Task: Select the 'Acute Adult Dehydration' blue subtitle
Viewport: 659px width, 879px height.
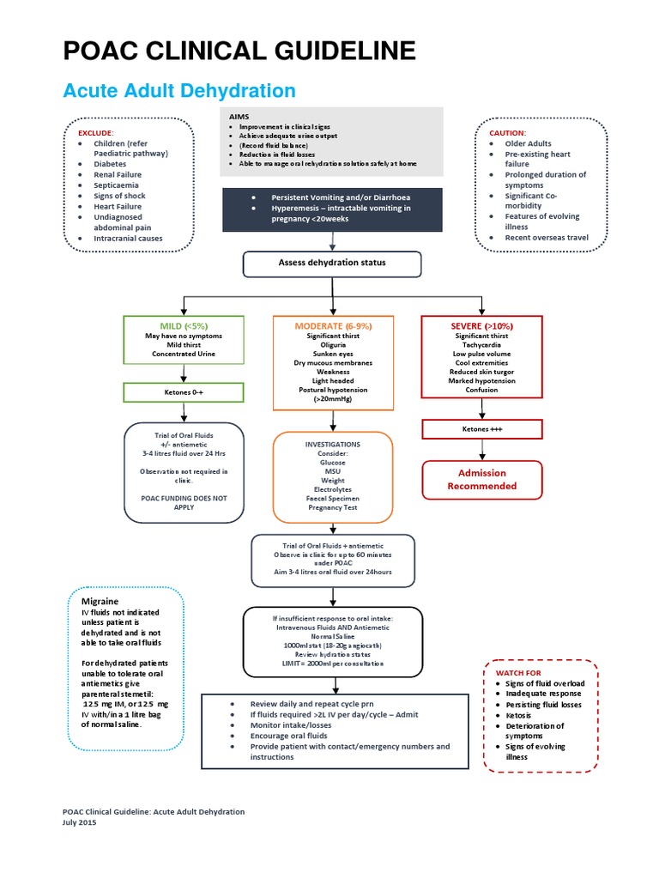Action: click(180, 91)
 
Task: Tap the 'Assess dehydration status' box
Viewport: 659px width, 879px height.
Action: click(331, 263)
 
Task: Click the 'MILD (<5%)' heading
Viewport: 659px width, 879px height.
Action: click(184, 326)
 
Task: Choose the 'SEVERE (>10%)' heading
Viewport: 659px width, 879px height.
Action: click(481, 327)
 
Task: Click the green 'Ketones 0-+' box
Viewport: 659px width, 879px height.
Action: click(184, 392)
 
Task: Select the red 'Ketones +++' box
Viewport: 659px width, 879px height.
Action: click(481, 428)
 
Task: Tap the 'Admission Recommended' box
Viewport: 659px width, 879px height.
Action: click(481, 479)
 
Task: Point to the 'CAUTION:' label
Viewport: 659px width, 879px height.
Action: click(507, 133)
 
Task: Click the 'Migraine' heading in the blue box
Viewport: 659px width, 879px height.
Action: click(100, 601)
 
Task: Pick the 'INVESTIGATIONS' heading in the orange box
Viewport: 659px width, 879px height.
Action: click(332, 445)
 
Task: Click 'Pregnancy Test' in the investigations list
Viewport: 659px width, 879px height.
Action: click(332, 508)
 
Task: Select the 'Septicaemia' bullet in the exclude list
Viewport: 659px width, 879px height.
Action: click(118, 185)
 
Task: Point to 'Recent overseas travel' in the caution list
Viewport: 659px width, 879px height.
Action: click(546, 237)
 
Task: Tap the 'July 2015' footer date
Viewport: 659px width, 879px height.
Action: click(80, 821)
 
